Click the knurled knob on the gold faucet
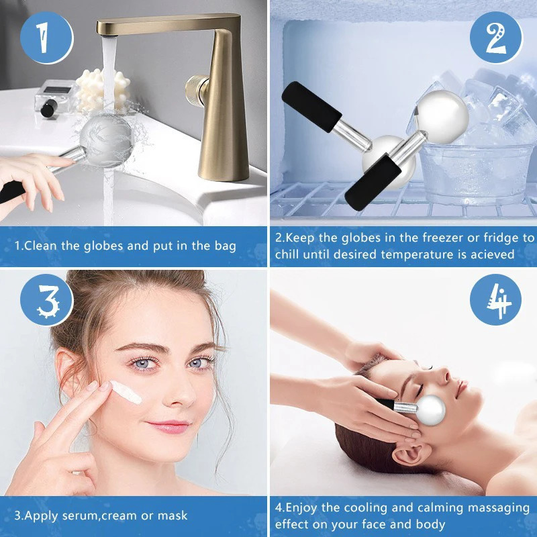[196, 91]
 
